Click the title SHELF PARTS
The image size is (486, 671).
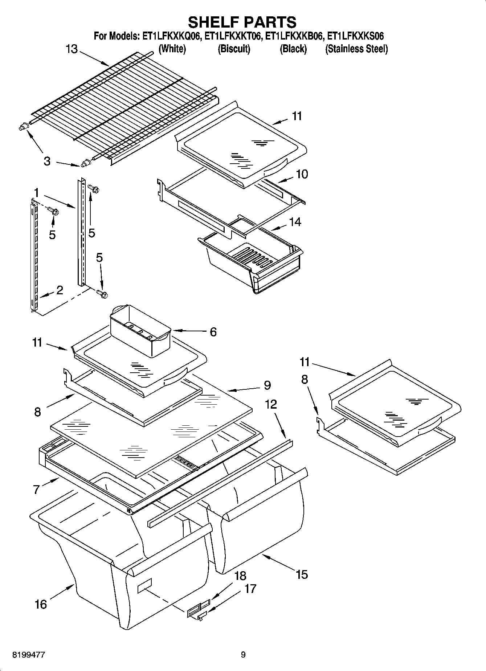pos(242,22)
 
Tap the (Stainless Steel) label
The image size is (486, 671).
pos(356,49)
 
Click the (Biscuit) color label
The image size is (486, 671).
pos(234,49)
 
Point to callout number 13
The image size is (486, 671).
pos(72,49)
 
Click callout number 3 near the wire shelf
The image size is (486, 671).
pos(47,161)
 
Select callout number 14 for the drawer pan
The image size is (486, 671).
pos(295,222)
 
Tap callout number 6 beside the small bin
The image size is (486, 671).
pos(213,331)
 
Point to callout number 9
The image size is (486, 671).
pos(267,385)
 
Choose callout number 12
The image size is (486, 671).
pos(271,404)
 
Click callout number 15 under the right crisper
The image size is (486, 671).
pos(302,574)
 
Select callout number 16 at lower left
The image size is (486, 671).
pos(41,604)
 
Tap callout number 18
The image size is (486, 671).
pos(240,576)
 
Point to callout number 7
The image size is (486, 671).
pos(36,490)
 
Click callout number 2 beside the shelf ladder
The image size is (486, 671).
pos(60,290)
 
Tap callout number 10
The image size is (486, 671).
pos(302,174)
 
